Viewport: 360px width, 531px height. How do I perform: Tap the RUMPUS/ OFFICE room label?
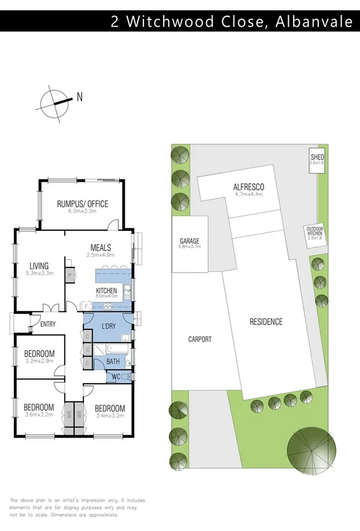point(82,204)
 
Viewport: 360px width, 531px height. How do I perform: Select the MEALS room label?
point(100,248)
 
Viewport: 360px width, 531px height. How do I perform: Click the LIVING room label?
point(39,265)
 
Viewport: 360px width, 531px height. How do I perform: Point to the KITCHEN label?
point(106,290)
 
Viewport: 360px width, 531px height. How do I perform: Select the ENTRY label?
point(48,324)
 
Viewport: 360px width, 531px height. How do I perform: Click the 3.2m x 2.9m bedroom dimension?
point(39,361)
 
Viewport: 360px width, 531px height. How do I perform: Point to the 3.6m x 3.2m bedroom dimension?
point(39,414)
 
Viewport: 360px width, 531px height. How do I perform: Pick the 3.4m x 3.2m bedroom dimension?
point(110,414)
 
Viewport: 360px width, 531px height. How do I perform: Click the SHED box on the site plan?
point(317,160)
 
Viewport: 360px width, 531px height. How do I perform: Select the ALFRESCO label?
point(248,187)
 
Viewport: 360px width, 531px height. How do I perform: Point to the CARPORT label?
point(199,339)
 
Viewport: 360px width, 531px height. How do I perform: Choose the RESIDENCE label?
point(266,322)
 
